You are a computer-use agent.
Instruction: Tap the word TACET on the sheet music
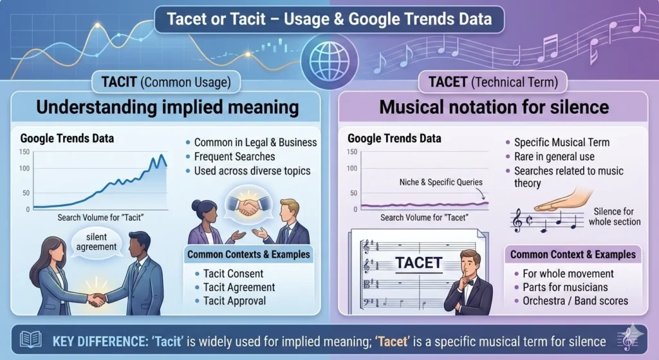pyautogui.click(x=418, y=263)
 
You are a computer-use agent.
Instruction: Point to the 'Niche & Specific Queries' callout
pyautogui.click(x=440, y=182)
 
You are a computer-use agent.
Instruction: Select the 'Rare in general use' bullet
pyautogui.click(x=554, y=156)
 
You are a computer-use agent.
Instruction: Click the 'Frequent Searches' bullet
pyautogui.click(x=234, y=156)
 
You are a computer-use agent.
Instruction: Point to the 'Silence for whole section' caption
pyautogui.click(x=614, y=216)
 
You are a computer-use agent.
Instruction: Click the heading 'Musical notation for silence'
pyautogui.click(x=494, y=106)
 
